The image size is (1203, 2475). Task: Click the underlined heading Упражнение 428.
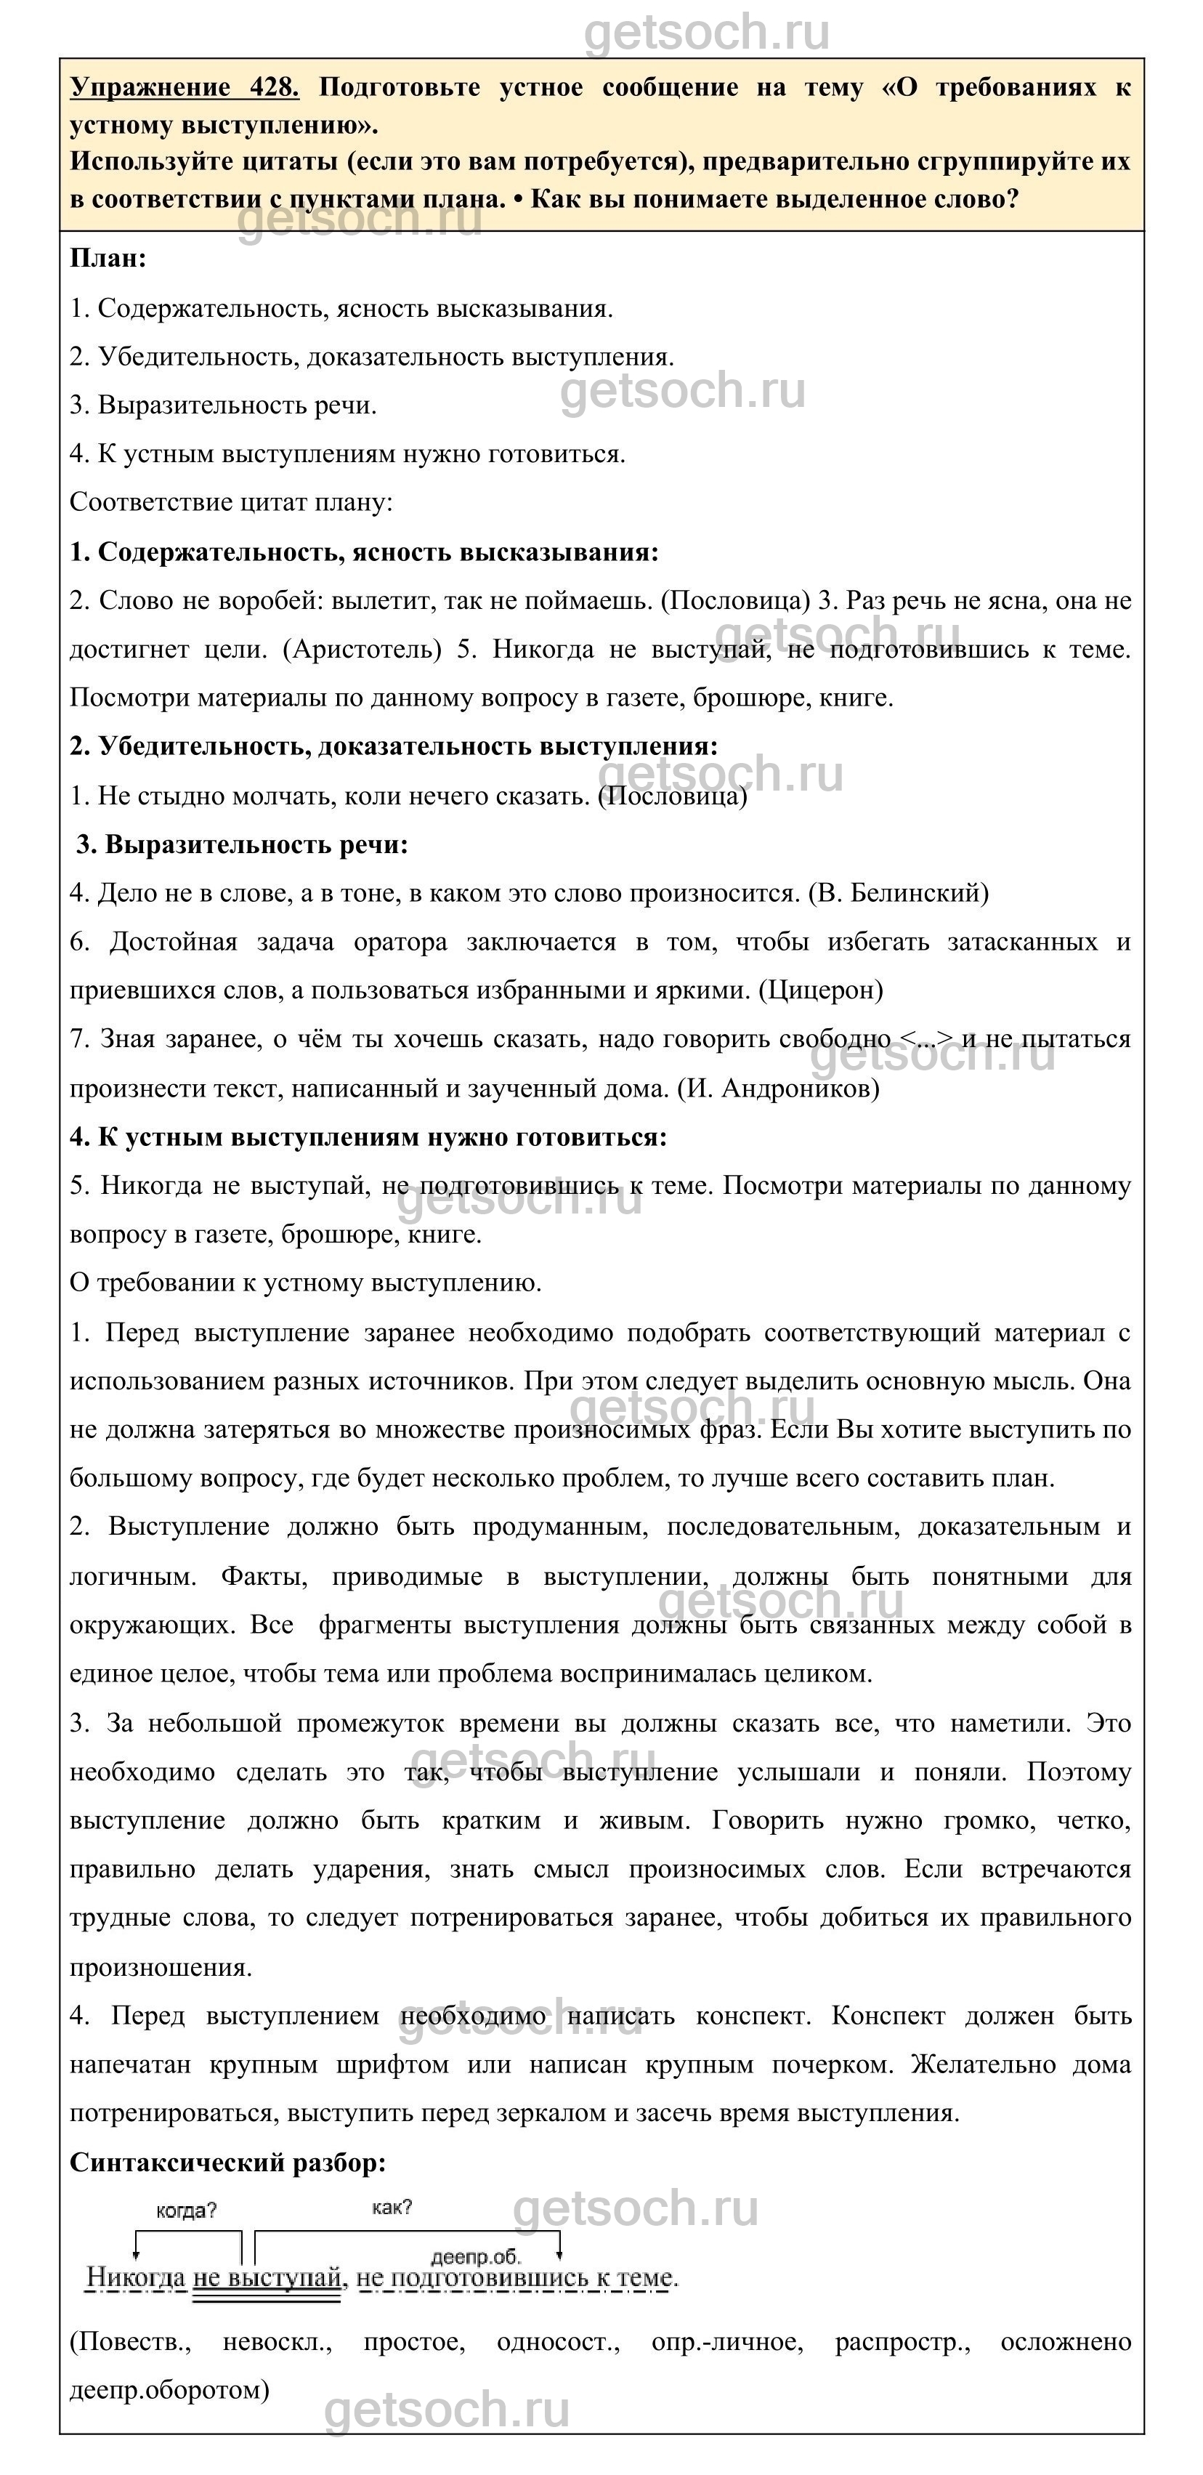point(184,87)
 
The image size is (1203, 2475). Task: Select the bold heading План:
point(108,259)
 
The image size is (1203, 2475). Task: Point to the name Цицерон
point(821,990)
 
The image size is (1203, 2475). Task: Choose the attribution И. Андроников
point(778,1088)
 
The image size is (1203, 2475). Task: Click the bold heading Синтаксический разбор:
point(227,2162)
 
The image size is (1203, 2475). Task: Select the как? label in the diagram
point(392,2207)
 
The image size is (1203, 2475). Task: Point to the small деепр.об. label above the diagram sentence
point(476,2257)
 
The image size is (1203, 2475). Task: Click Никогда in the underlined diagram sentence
point(135,2277)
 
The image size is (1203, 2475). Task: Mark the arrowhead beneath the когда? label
point(137,2254)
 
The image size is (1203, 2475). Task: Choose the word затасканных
point(1021,942)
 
